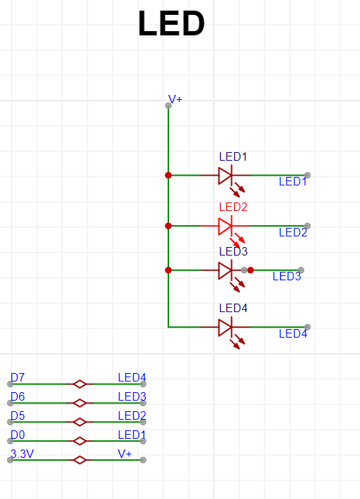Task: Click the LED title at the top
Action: pos(171,25)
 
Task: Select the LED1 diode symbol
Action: pos(226,175)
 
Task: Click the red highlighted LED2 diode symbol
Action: pos(226,226)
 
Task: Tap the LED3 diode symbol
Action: pos(226,270)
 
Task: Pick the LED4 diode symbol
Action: pos(226,327)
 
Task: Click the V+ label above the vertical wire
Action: pos(175,100)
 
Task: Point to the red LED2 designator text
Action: pos(233,207)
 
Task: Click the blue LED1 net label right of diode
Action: pos(293,182)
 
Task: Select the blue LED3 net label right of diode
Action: pos(286,276)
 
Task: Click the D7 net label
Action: pos(17,377)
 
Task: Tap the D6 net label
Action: pos(17,396)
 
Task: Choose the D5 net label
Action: pos(17,415)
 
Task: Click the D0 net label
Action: pos(17,435)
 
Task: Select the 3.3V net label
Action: pos(22,454)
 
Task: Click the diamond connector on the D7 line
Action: pos(80,384)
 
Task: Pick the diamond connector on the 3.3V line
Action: pos(80,460)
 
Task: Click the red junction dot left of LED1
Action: pos(168,175)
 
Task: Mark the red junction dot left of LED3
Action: pos(168,270)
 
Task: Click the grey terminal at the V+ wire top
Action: pos(168,105)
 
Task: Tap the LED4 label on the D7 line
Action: pos(132,377)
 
